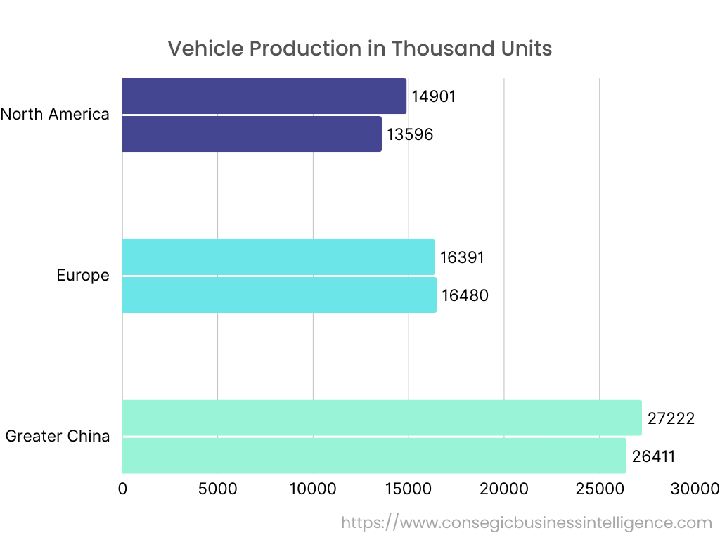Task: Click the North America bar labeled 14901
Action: click(264, 96)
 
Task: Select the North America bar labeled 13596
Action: click(252, 134)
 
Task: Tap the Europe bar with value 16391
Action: click(278, 257)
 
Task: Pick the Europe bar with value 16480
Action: click(279, 295)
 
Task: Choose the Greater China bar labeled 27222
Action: click(382, 418)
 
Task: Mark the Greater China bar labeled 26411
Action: click(374, 456)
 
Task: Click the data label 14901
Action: click(434, 96)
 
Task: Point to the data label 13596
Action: click(410, 134)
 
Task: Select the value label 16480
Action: click(465, 295)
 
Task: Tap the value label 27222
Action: click(671, 419)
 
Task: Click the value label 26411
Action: click(653, 456)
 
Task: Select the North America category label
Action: click(55, 114)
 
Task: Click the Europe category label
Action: click(83, 275)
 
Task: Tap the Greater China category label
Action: click(58, 436)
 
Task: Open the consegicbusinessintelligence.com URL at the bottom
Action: click(527, 522)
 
